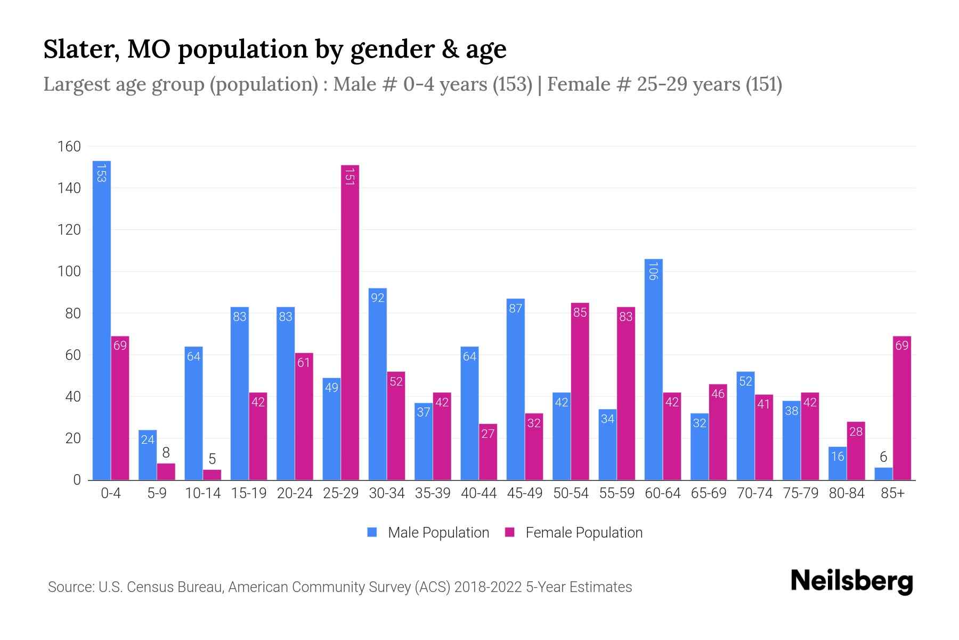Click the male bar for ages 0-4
point(101,320)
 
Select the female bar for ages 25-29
point(350,323)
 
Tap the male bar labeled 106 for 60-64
point(653,369)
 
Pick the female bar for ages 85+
point(901,408)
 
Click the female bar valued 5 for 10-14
point(212,475)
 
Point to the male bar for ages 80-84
point(837,463)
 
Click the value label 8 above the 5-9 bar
point(166,453)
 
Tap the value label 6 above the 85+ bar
point(883,457)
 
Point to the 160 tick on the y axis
point(69,147)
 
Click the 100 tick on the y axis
point(69,271)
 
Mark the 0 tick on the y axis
point(77,480)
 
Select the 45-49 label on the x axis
point(524,493)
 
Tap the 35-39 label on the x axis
point(433,493)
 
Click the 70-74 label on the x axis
point(754,493)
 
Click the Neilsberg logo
point(851,581)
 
